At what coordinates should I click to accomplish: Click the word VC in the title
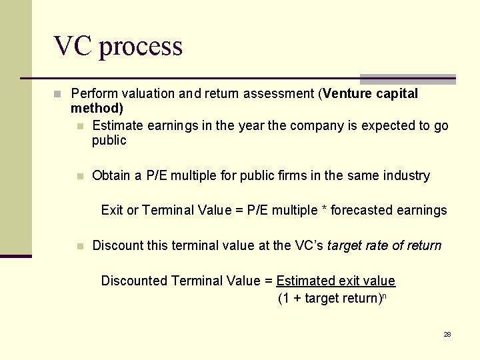73,46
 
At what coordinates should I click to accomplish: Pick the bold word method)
97,109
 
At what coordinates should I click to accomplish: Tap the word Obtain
112,176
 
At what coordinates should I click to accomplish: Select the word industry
407,176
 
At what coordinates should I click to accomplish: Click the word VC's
309,246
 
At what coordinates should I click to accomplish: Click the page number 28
447,335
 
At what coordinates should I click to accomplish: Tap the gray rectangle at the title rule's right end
407,79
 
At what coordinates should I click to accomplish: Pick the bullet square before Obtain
80,177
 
